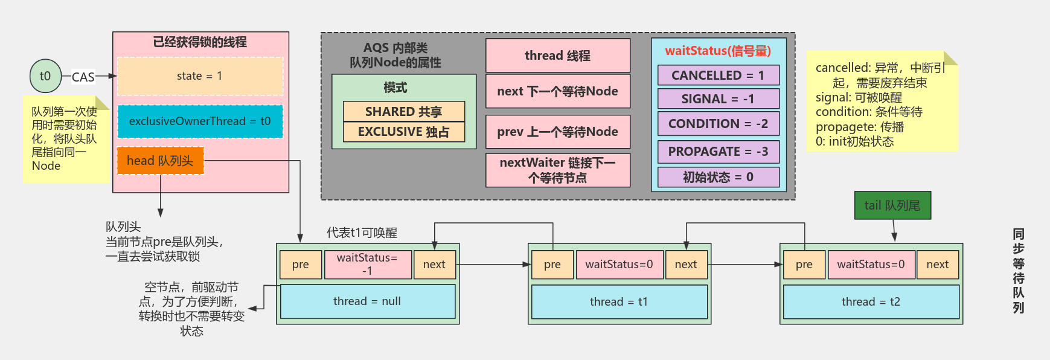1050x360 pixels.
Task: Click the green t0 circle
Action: pyautogui.click(x=45, y=76)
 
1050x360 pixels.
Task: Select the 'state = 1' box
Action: pyautogui.click(x=200, y=76)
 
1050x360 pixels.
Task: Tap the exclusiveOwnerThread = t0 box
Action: pyautogui.click(x=200, y=121)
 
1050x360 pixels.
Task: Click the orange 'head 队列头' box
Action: pyautogui.click(x=160, y=161)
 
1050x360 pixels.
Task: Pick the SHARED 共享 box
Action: pyautogui.click(x=404, y=112)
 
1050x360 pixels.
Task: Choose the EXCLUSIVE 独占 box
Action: pyautogui.click(x=404, y=132)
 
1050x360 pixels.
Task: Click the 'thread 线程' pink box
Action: pyautogui.click(x=558, y=56)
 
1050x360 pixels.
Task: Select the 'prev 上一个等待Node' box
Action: pyautogui.click(x=558, y=132)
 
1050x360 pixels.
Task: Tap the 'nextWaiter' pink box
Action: pyautogui.click(x=558, y=170)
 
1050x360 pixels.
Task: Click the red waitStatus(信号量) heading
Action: pyautogui.click(x=718, y=51)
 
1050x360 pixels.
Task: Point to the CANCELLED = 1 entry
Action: pyautogui.click(x=718, y=76)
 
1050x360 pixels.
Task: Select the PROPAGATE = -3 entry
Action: pyautogui.click(x=718, y=152)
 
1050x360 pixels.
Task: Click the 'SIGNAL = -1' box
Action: pyautogui.click(x=718, y=99)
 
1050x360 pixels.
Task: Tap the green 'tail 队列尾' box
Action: pyautogui.click(x=892, y=205)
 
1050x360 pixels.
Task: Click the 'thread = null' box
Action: pyautogui.click(x=368, y=301)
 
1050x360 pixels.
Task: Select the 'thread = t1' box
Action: pyautogui.click(x=619, y=302)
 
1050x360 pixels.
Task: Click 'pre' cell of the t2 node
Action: pyautogui.click(x=804, y=265)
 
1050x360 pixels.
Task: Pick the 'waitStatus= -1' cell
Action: pyautogui.click(x=368, y=265)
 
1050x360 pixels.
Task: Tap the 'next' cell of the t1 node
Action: pyautogui.click(x=686, y=265)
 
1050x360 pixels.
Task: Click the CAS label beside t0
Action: pyautogui.click(x=83, y=77)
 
